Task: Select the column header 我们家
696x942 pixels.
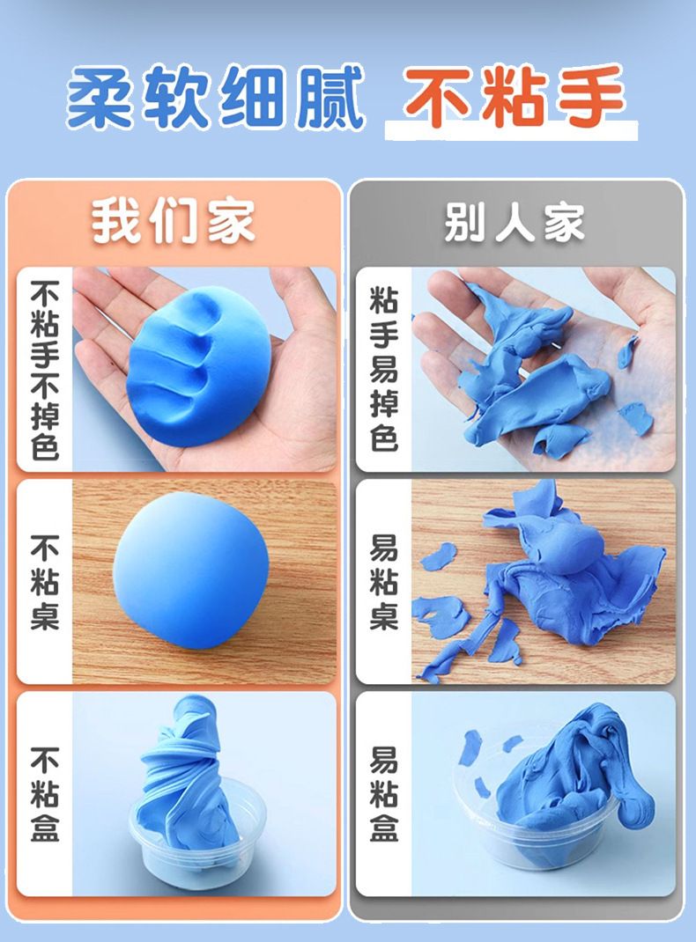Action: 173,222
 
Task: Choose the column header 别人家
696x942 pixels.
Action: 514,222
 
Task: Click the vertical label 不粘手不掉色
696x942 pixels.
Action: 45,370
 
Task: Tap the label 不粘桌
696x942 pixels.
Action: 45,582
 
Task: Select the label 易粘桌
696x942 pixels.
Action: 384,582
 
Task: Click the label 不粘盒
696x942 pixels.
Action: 45,793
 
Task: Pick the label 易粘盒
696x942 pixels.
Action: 384,793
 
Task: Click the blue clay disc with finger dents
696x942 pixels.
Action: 199,366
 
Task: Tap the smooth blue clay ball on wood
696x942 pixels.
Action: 191,570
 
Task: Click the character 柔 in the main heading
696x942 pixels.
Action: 100,98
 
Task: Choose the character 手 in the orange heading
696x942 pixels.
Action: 593,96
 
